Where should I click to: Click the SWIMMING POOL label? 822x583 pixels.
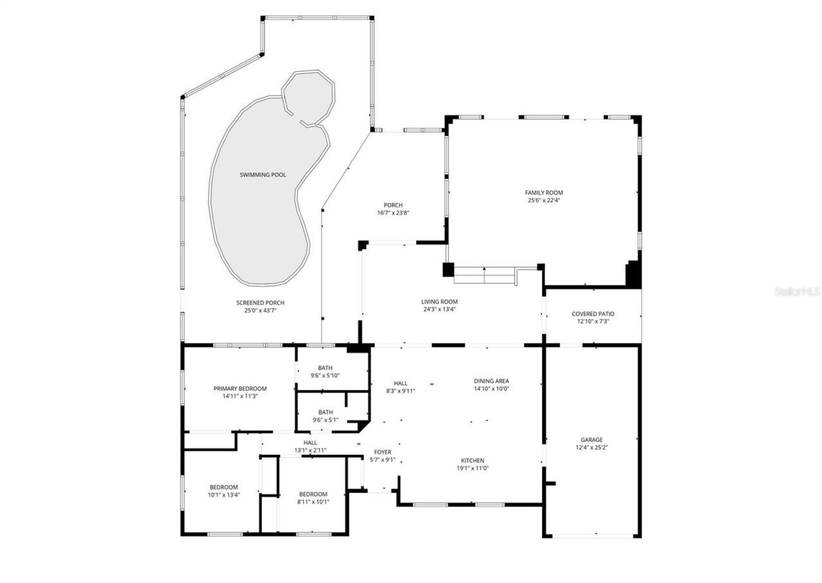click(263, 175)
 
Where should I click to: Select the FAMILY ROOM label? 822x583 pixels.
click(543, 193)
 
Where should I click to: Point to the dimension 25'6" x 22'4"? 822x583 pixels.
click(543, 200)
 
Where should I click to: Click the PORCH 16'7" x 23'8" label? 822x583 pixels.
click(393, 209)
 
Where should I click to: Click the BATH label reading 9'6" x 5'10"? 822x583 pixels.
click(325, 372)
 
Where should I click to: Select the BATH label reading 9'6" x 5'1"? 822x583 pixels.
click(325, 416)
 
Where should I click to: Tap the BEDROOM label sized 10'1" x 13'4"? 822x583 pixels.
click(223, 491)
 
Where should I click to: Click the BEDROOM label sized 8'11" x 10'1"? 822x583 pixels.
click(313, 498)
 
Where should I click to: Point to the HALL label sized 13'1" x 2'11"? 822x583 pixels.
click(310, 446)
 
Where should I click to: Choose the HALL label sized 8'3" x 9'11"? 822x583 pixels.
click(400, 387)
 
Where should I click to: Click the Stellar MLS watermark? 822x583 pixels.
click(797, 291)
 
